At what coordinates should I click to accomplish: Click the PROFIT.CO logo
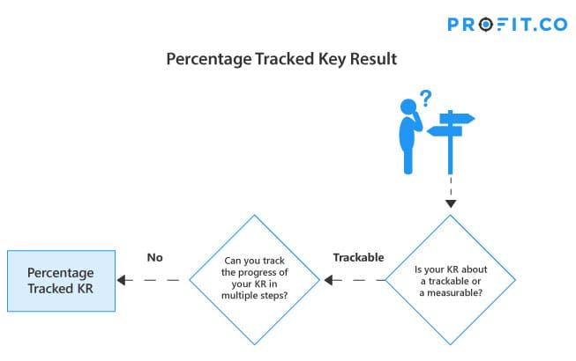pyautogui.click(x=507, y=25)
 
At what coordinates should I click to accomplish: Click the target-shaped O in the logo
pyautogui.click(x=486, y=25)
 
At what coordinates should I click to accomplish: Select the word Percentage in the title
pyautogui.click(x=208, y=59)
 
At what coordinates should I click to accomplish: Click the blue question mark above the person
pyautogui.click(x=426, y=98)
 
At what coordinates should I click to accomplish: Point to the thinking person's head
pyautogui.click(x=408, y=107)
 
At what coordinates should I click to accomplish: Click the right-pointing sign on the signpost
pyautogui.click(x=457, y=118)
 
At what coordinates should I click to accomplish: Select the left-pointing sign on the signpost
pyautogui.click(x=445, y=131)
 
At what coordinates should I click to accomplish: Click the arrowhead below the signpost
pyautogui.click(x=451, y=203)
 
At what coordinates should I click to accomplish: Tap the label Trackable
pyautogui.click(x=358, y=257)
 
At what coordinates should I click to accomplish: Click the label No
pyautogui.click(x=154, y=258)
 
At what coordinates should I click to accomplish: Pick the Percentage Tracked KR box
pyautogui.click(x=62, y=281)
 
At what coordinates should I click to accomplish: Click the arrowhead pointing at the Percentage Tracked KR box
pyautogui.click(x=122, y=280)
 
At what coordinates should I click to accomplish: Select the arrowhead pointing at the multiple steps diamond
pyautogui.click(x=329, y=280)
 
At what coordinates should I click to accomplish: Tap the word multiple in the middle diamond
pyautogui.click(x=237, y=295)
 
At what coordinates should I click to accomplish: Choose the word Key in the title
pyautogui.click(x=332, y=59)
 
